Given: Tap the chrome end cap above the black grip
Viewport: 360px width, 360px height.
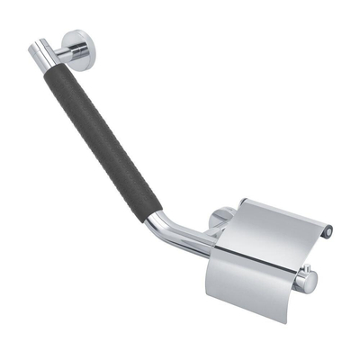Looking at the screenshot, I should pyautogui.click(x=41, y=51).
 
